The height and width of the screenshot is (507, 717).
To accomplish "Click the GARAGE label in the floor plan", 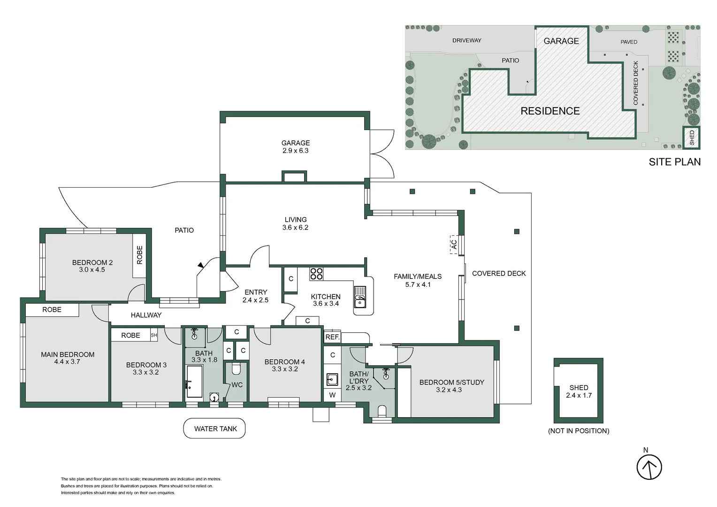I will tap(295, 143).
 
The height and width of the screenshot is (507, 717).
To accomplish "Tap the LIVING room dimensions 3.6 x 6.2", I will tap(295, 228).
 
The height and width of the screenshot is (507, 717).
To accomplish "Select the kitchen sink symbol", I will tap(360, 297).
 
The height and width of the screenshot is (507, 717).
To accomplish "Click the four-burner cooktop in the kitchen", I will tap(316, 273).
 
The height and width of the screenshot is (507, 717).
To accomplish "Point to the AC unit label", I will tap(454, 245).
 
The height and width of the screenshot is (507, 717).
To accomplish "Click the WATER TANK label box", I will tap(215, 429).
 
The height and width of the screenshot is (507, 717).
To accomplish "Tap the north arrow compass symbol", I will tap(649, 467).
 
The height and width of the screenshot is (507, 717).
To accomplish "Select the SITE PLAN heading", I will tap(674, 162).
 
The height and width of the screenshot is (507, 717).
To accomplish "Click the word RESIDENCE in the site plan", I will tap(550, 111).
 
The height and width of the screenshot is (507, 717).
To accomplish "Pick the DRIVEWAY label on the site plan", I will tap(466, 40).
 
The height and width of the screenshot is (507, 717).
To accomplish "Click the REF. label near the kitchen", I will tap(332, 337).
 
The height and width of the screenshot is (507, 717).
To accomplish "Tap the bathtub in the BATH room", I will tap(194, 382).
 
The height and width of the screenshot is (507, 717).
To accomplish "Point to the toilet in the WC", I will tap(236, 369).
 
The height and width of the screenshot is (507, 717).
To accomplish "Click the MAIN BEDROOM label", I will tap(68, 354).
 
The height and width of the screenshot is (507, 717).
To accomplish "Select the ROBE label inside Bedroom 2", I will tap(139, 255).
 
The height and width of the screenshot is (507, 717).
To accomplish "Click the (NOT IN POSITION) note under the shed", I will tap(578, 431).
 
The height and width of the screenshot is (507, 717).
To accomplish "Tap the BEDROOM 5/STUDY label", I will tap(451, 382).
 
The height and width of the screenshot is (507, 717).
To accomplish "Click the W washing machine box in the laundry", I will tap(332, 395).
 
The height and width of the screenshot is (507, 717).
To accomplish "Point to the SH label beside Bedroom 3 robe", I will tap(153, 335).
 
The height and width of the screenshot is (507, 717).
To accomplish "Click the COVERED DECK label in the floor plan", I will tap(498, 273).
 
